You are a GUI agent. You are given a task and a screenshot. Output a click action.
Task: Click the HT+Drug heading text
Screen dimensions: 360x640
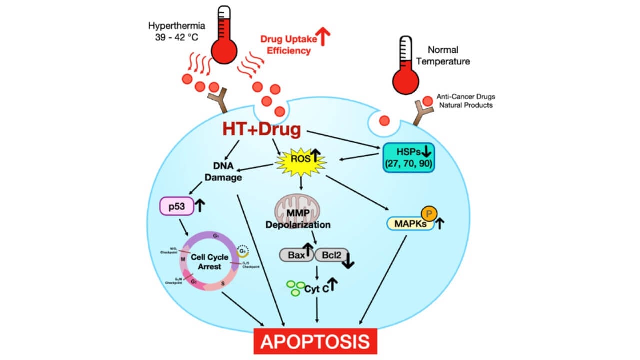(261, 130)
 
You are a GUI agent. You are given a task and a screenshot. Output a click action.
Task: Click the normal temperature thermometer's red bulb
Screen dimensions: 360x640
(405, 80)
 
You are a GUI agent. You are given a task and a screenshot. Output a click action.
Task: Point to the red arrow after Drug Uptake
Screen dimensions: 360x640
(325, 38)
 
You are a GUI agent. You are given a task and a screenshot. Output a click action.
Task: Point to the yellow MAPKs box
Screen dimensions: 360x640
(409, 224)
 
